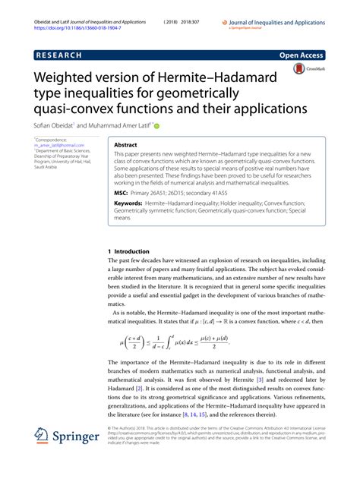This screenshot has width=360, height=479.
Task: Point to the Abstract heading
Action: [125, 143]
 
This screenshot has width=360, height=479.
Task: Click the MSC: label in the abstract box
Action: [122, 192]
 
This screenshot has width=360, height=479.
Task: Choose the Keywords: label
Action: [131, 203]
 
